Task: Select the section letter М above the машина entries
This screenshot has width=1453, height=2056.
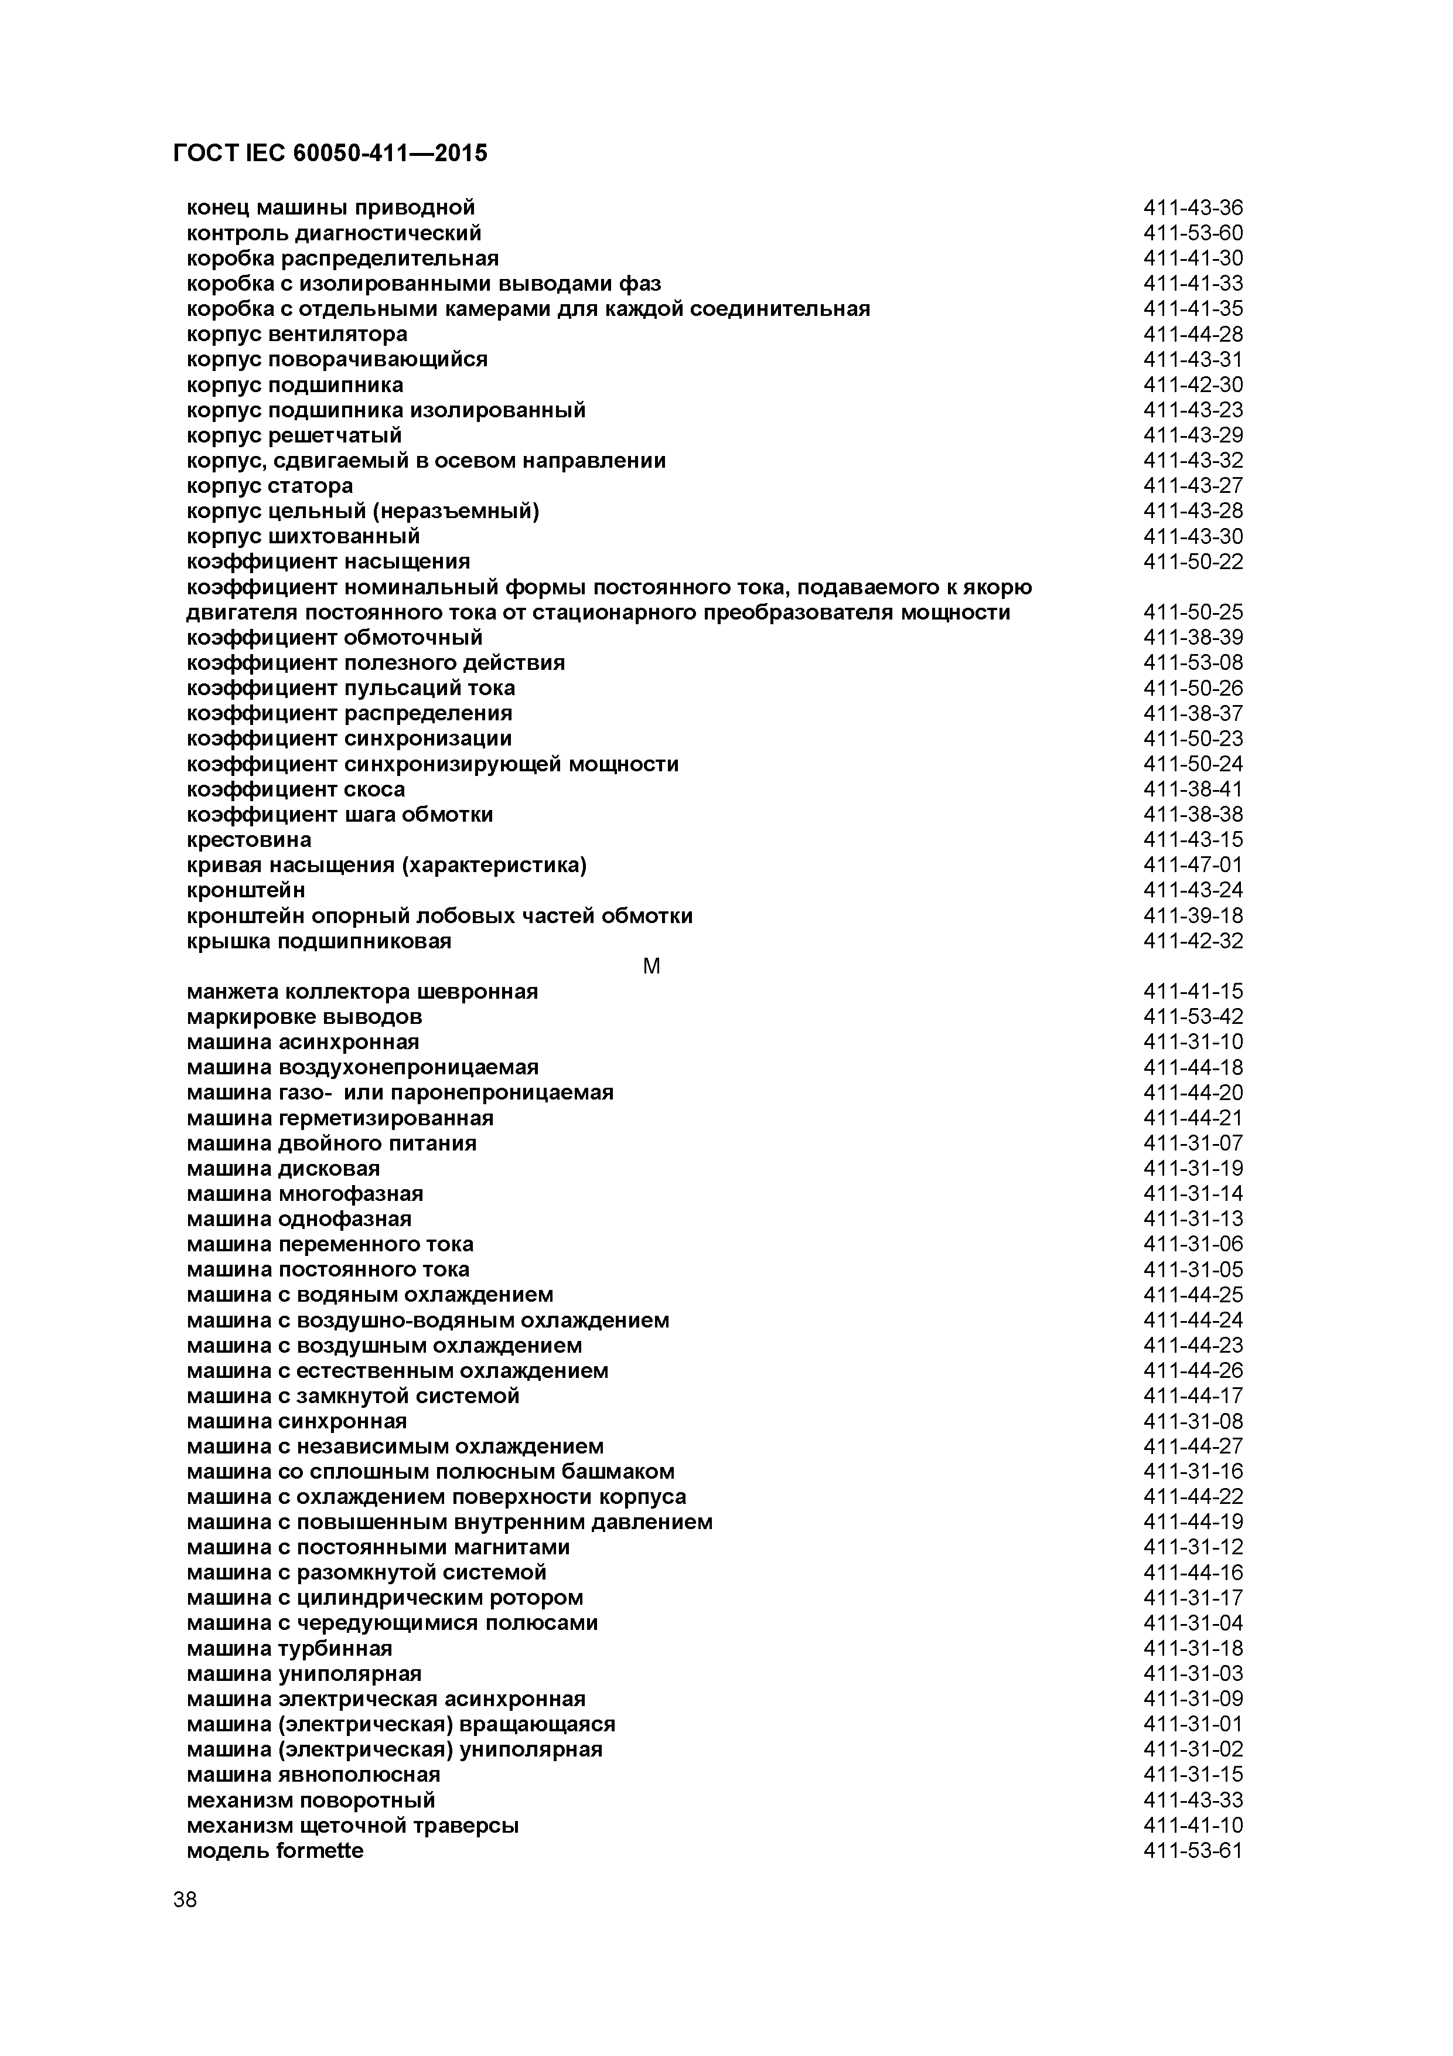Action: [652, 966]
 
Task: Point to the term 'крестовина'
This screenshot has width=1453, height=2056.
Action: [249, 840]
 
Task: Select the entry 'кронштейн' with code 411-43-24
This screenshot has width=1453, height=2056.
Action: [245, 890]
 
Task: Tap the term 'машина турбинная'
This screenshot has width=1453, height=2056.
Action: [289, 1649]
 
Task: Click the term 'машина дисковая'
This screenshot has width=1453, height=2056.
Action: [283, 1169]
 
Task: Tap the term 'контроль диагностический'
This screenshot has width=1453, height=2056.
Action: [334, 233]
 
